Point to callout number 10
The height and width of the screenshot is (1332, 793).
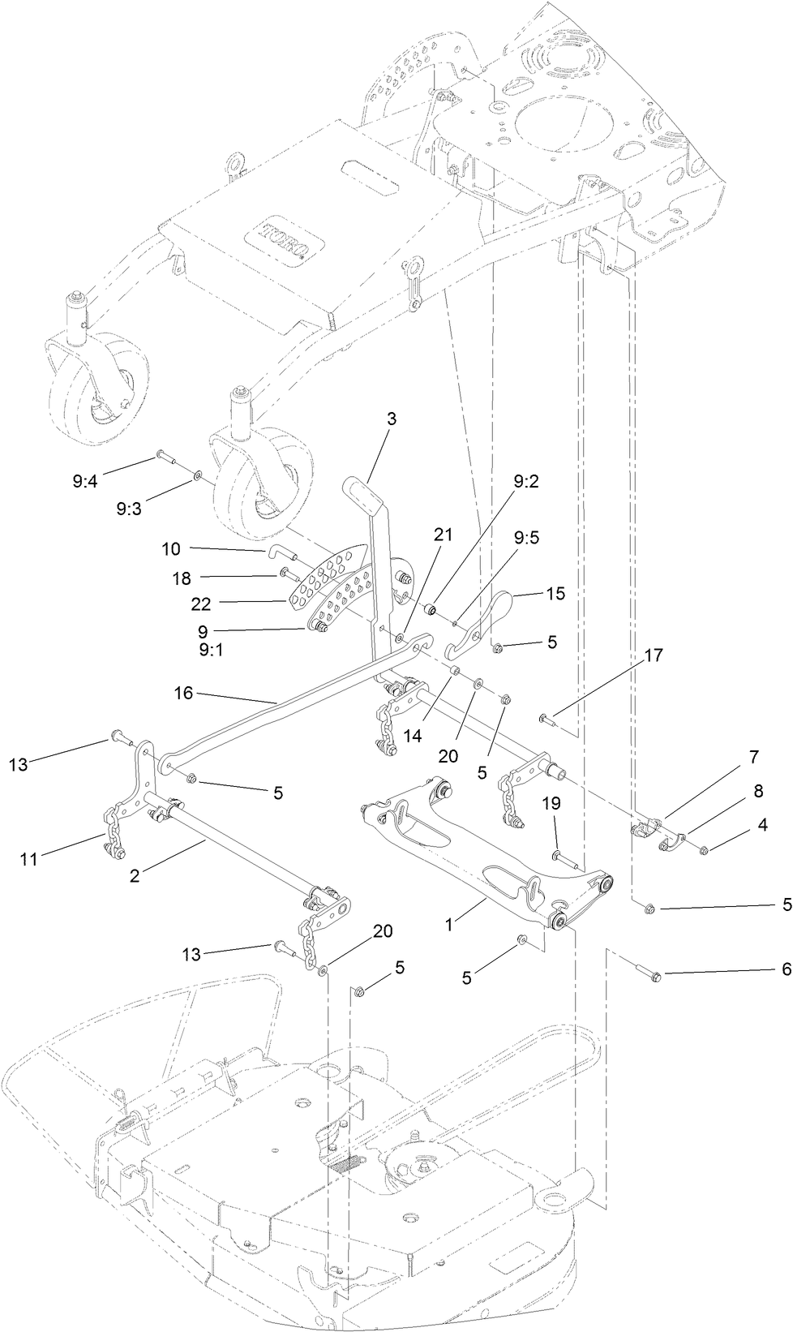point(170,549)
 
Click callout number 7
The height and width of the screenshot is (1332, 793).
point(753,757)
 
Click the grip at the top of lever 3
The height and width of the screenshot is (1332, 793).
point(357,489)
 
